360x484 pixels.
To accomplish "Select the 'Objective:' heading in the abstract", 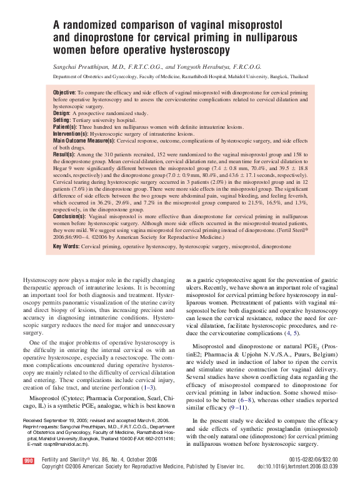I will pyautogui.click(x=64, y=93).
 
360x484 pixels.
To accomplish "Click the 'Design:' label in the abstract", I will pyautogui.click(x=62, y=113).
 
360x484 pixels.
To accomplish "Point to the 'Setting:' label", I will pyautogui.click(x=62, y=119).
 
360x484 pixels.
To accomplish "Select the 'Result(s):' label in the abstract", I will pyautogui.click(x=64, y=154).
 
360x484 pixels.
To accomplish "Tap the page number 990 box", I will pyautogui.click(x=28, y=460).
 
